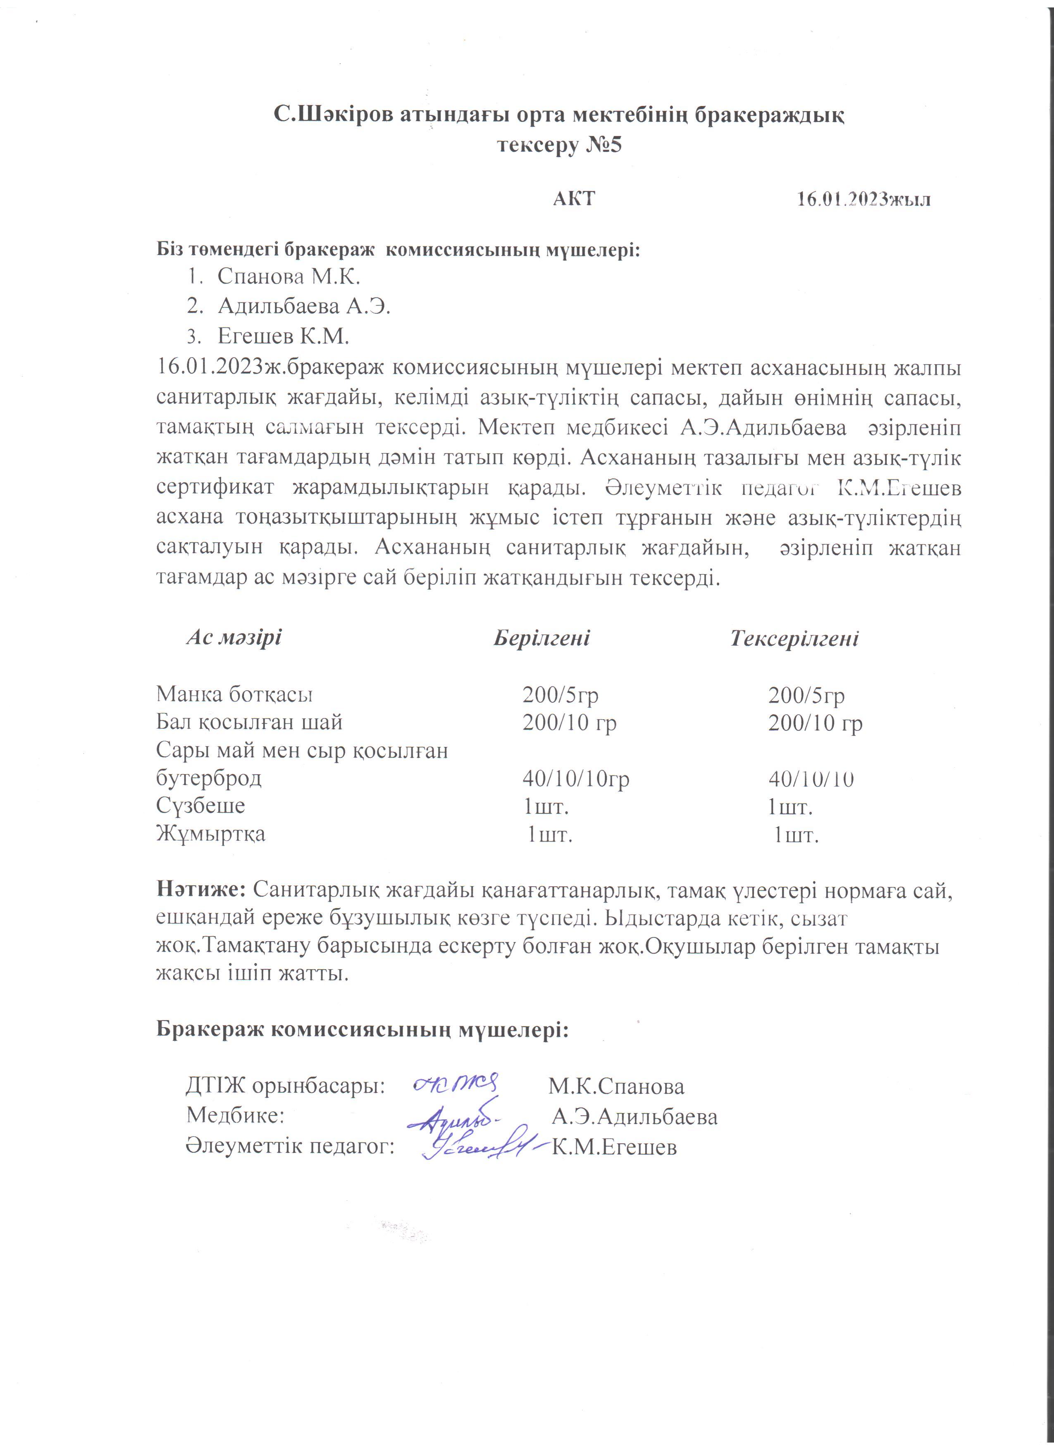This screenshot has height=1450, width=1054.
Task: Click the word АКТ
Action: pos(573,198)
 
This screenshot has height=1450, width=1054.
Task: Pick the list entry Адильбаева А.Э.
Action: pos(304,306)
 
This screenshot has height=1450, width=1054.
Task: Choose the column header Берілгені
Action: pos(541,638)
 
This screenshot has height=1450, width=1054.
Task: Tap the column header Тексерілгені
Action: pos(794,638)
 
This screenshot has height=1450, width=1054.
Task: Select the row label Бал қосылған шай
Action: pos(249,723)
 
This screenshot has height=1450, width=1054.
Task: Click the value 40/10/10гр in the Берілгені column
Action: pos(576,779)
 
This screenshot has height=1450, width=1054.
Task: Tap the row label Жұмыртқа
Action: pos(211,834)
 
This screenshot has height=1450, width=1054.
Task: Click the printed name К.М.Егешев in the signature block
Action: pos(614,1147)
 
